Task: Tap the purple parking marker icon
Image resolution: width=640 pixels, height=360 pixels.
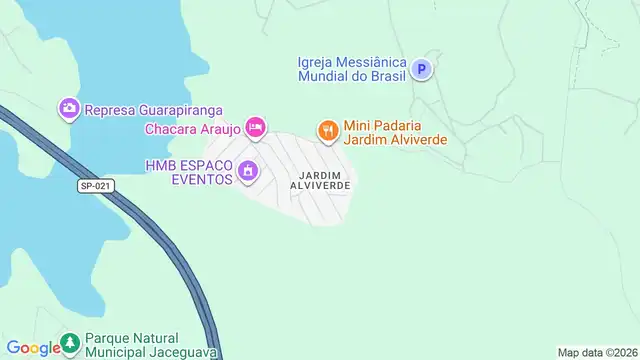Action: coord(423,69)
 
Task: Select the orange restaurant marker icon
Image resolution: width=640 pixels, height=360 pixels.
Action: coord(327,130)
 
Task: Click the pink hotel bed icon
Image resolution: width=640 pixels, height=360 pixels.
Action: coord(256,127)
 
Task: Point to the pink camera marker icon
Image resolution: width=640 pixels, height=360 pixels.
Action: coord(69,108)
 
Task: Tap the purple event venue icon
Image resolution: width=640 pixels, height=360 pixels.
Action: coord(248,173)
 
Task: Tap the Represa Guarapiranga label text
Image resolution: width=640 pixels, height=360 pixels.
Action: coord(153,110)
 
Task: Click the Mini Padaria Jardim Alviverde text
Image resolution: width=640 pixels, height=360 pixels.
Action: coord(394,134)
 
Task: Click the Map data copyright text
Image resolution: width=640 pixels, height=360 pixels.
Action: coord(597,352)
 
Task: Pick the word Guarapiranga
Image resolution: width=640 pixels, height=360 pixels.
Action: coord(178,110)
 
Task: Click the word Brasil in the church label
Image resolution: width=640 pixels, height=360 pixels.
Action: coord(382,77)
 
